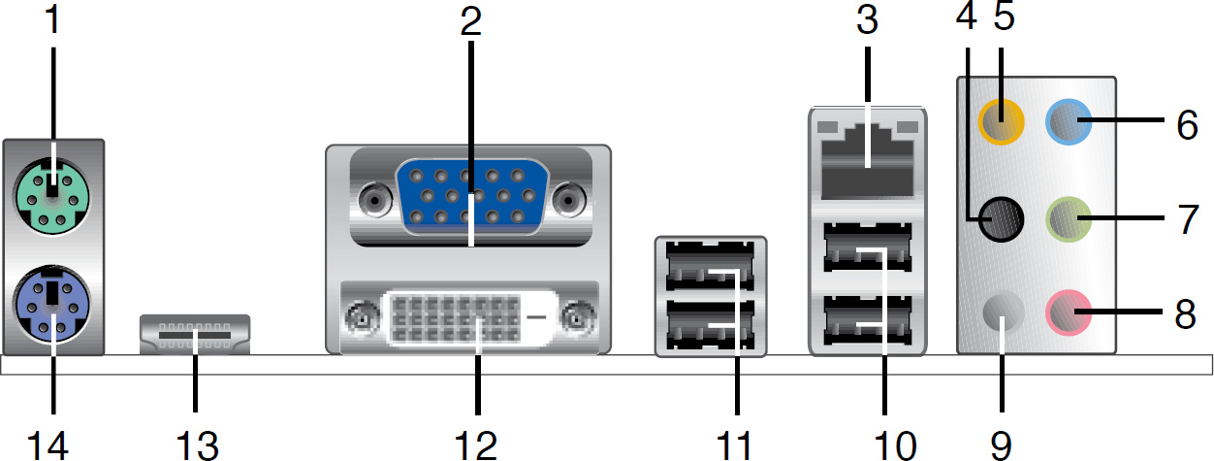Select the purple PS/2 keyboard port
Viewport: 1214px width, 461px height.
[x=52, y=303]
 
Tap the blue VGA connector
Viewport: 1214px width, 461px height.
[x=469, y=196]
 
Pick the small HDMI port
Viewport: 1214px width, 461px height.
[x=195, y=334]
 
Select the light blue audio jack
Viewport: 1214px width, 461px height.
[x=1070, y=121]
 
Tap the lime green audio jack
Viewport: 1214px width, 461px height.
[x=1070, y=221]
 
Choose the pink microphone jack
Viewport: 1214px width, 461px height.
[x=1070, y=313]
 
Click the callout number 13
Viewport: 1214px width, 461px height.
[x=193, y=445]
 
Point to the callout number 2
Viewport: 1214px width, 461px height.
[x=470, y=21]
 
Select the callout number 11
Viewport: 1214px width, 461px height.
[x=735, y=445]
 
